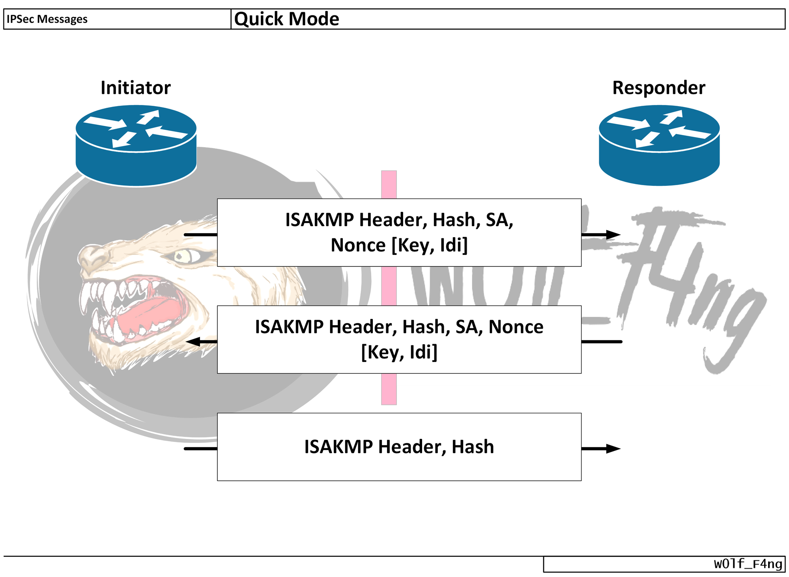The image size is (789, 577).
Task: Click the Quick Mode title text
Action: tap(286, 19)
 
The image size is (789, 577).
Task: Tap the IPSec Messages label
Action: tap(47, 19)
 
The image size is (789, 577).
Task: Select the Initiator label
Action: tap(136, 88)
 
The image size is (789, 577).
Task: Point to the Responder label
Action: tap(659, 88)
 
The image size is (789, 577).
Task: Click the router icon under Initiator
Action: tap(136, 146)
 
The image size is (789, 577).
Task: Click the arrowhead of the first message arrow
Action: tap(613, 235)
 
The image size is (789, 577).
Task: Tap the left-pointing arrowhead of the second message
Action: tap(193, 342)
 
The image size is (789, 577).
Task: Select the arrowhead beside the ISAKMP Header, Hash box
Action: tap(613, 449)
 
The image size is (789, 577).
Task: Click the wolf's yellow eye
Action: tap(183, 257)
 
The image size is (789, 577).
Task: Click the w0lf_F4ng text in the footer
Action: tap(748, 564)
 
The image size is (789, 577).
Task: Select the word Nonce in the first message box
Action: tap(358, 245)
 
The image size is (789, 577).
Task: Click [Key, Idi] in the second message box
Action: tap(399, 352)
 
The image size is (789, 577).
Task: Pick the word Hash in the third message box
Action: tap(473, 447)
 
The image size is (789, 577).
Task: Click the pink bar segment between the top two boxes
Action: tap(389, 286)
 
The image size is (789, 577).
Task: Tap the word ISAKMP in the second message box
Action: tap(290, 327)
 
